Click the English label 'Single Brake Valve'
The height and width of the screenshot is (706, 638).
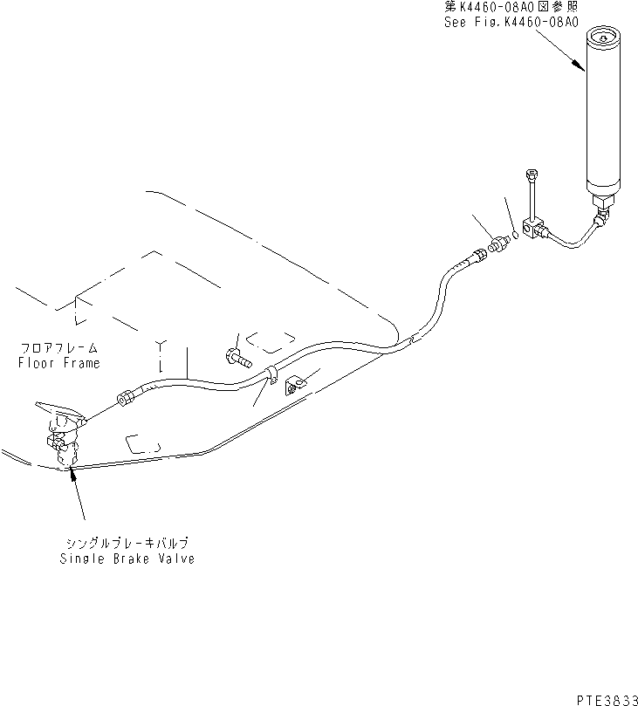127,559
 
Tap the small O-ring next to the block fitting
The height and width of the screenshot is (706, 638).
516,233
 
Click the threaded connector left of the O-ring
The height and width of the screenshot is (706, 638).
499,243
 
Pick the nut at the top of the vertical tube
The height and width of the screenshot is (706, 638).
529,175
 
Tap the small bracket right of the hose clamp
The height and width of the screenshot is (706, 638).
297,382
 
